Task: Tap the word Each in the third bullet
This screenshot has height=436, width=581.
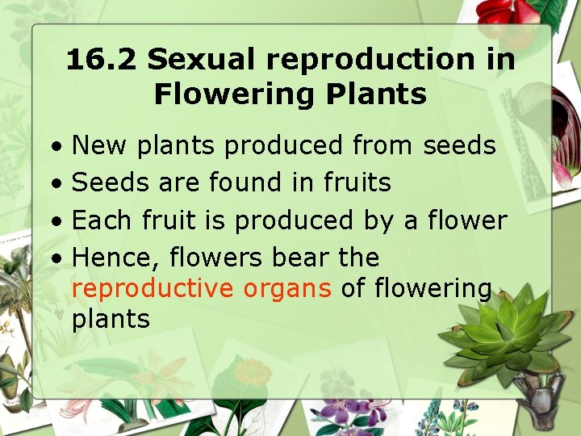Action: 102,220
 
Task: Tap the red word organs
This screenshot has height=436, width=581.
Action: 295,289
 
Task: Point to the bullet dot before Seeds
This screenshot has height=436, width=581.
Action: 56,184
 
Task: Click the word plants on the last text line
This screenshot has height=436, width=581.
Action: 111,318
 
